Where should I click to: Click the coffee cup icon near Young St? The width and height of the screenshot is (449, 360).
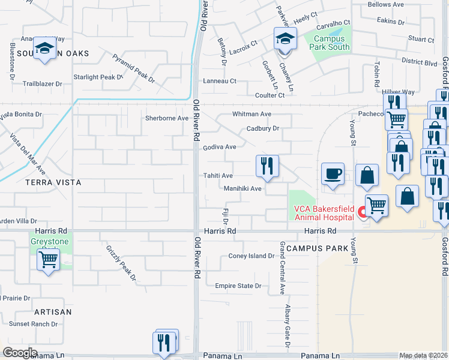tap(333, 174)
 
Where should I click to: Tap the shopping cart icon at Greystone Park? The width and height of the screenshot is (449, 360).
tap(47, 260)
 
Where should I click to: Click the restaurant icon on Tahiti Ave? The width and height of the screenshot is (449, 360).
tap(267, 166)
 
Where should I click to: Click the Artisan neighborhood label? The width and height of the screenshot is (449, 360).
tap(53, 312)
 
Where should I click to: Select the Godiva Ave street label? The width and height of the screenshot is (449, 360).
tap(220, 147)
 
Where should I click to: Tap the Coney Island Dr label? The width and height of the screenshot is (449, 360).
tap(251, 256)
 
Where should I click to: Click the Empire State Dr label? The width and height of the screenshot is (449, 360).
tap(238, 286)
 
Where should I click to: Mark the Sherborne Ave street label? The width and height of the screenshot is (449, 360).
tap(166, 118)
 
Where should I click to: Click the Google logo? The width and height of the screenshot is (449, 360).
tap(20, 352)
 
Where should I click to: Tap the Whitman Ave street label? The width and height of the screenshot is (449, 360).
tap(252, 114)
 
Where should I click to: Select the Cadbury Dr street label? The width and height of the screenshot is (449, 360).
tap(263, 128)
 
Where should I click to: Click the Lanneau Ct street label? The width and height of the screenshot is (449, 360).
tap(220, 81)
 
